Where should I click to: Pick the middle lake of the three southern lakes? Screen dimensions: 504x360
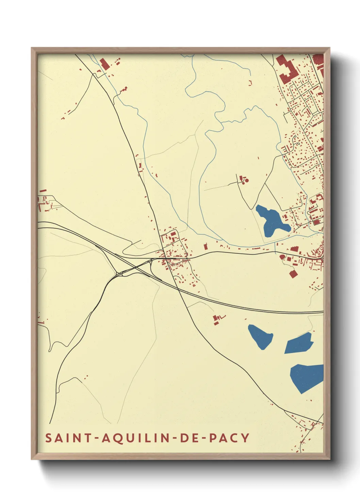299,343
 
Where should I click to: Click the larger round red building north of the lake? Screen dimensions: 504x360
247,180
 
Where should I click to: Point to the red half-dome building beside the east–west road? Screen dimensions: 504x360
282,257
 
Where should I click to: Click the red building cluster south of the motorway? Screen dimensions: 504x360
216,319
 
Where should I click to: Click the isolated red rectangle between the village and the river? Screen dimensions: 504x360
205,246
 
